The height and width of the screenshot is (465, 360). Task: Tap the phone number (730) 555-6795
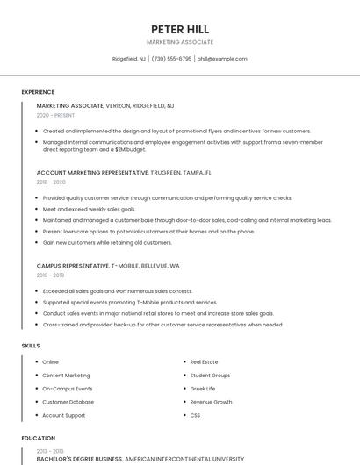click(x=171, y=59)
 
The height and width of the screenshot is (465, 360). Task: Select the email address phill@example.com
click(x=222, y=59)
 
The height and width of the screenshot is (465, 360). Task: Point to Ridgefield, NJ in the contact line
click(x=129, y=59)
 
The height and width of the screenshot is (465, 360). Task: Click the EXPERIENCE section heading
click(x=38, y=92)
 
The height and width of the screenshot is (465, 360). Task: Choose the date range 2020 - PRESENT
click(x=54, y=116)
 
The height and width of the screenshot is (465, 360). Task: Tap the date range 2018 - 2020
click(x=51, y=182)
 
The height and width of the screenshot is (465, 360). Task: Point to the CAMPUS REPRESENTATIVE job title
click(x=73, y=264)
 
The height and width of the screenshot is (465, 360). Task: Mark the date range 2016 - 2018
click(x=51, y=275)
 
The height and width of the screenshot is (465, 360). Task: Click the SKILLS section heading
click(x=31, y=346)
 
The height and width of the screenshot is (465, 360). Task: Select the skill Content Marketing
click(x=66, y=375)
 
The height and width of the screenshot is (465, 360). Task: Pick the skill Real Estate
click(x=204, y=361)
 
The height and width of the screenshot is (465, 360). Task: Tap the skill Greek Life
click(x=203, y=388)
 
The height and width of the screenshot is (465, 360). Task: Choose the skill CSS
click(x=195, y=414)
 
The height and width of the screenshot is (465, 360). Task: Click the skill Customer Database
click(x=67, y=401)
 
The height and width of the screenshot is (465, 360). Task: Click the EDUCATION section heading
click(x=38, y=438)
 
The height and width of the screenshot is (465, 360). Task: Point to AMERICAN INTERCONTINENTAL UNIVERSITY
click(x=184, y=458)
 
